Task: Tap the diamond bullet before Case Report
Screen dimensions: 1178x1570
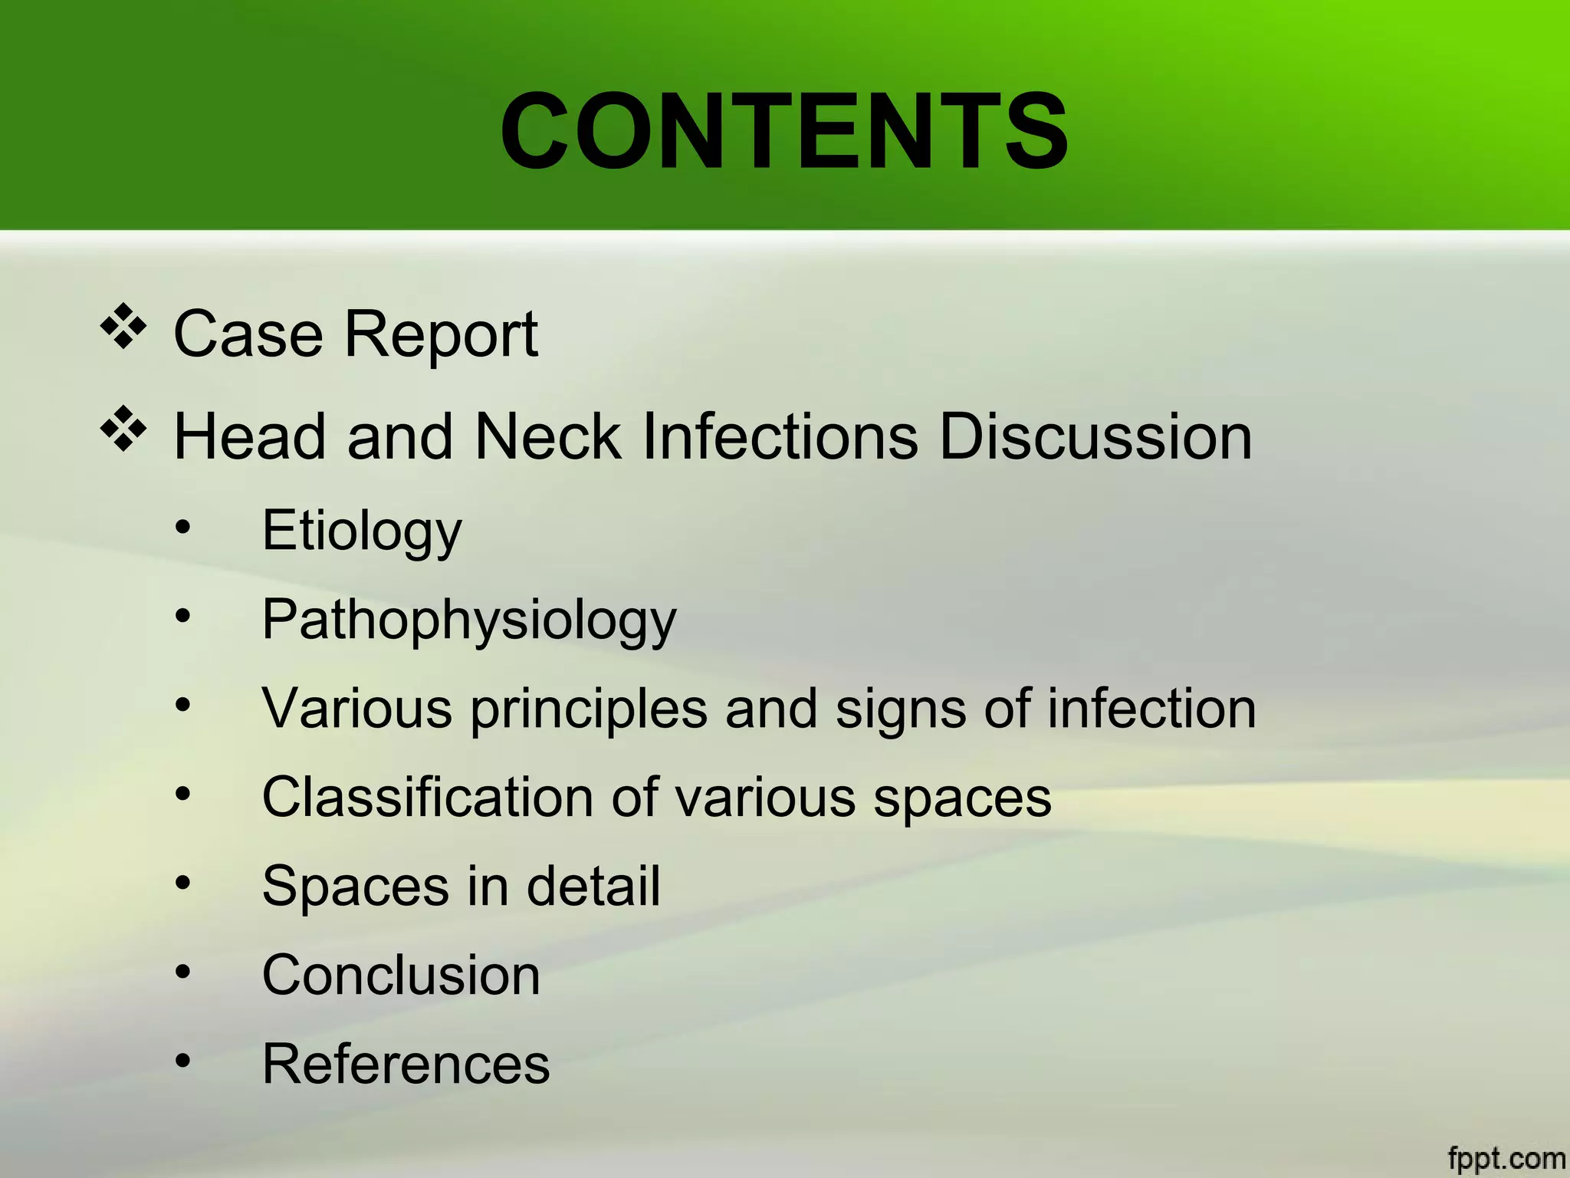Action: [x=123, y=327]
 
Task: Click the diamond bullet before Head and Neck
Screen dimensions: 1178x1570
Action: [x=123, y=429]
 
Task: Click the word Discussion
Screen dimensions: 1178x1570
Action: [x=1095, y=437]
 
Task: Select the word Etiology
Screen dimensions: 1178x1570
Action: [x=362, y=531]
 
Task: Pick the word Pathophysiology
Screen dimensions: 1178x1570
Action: [x=469, y=620]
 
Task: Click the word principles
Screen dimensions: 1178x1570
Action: [x=588, y=709]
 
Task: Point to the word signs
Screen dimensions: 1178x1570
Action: [x=901, y=709]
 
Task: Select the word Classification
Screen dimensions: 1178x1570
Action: [x=427, y=798]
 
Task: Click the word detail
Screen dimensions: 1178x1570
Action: [x=593, y=887]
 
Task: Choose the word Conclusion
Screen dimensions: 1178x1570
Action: [x=401, y=976]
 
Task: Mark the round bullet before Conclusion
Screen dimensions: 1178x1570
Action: [x=182, y=972]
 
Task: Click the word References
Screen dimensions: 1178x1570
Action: [x=406, y=1064]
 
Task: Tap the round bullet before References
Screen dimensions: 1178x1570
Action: [x=182, y=1061]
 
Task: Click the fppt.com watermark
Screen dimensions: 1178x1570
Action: [x=1506, y=1158]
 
